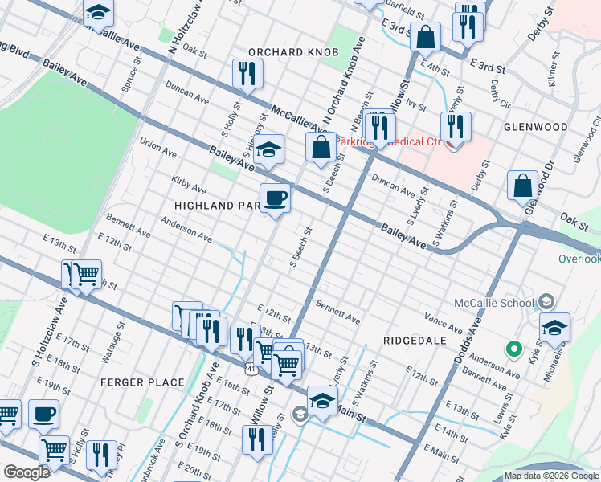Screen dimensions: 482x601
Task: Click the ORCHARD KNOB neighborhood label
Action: pos(293,52)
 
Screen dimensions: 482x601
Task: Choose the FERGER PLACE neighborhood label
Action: pos(142,382)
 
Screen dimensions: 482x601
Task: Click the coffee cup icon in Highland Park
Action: pos(275,197)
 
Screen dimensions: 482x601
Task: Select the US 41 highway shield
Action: pos(252,368)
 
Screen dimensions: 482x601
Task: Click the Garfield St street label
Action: pos(403,10)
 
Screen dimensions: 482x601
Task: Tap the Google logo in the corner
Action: pos(27,472)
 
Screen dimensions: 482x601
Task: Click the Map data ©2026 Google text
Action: pos(552,476)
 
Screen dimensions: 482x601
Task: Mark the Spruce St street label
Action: pos(128,77)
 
